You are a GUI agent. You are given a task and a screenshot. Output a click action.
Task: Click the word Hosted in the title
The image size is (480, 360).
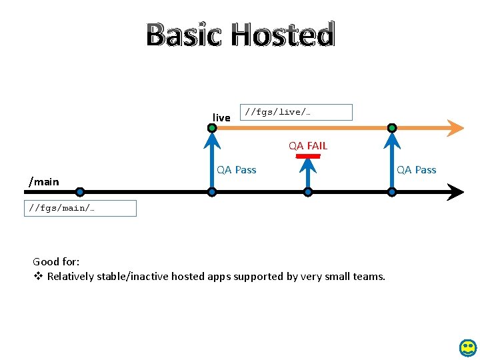[283, 35]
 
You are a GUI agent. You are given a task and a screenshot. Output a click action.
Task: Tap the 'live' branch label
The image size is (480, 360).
[221, 118]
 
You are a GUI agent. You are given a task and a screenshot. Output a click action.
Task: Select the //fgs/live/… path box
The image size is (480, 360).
[296, 112]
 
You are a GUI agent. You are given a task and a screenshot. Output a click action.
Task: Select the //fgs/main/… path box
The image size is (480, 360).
[80, 208]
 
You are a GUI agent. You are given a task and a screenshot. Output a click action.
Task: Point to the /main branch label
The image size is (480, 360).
[43, 181]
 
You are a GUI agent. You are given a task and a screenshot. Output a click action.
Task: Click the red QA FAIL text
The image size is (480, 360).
[308, 145]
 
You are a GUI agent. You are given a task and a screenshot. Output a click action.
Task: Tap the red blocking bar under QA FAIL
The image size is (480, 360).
[308, 157]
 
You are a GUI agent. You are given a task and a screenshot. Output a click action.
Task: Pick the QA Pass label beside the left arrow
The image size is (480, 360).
[237, 170]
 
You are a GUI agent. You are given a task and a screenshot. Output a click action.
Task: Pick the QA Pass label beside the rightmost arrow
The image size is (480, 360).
[417, 170]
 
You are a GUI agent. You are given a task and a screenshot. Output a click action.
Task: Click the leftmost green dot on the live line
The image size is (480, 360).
[212, 127]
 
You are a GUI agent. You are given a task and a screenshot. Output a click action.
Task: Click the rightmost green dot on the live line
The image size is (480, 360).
[392, 127]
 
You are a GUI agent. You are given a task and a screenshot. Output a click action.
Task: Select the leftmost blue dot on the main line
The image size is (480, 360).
[80, 192]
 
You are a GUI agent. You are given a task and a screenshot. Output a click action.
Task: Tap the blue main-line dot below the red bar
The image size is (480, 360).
[308, 192]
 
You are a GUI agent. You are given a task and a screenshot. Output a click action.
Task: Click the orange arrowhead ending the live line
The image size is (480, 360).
[455, 127]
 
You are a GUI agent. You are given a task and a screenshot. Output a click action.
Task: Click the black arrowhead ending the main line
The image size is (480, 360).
[455, 192]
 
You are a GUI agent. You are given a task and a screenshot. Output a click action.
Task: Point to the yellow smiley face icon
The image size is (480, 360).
[469, 347]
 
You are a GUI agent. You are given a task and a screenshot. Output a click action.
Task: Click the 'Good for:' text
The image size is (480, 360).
[56, 262]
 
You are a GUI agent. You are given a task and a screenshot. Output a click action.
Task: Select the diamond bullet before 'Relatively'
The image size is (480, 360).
[38, 277]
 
